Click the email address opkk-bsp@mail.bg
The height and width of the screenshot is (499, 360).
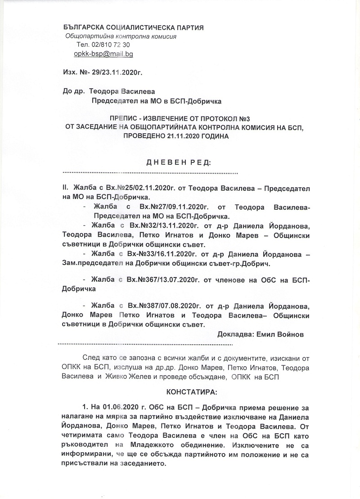[x=103, y=54]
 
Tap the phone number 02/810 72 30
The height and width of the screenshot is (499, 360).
[x=110, y=45]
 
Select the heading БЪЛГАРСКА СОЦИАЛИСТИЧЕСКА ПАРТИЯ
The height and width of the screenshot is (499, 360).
[x=134, y=28]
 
